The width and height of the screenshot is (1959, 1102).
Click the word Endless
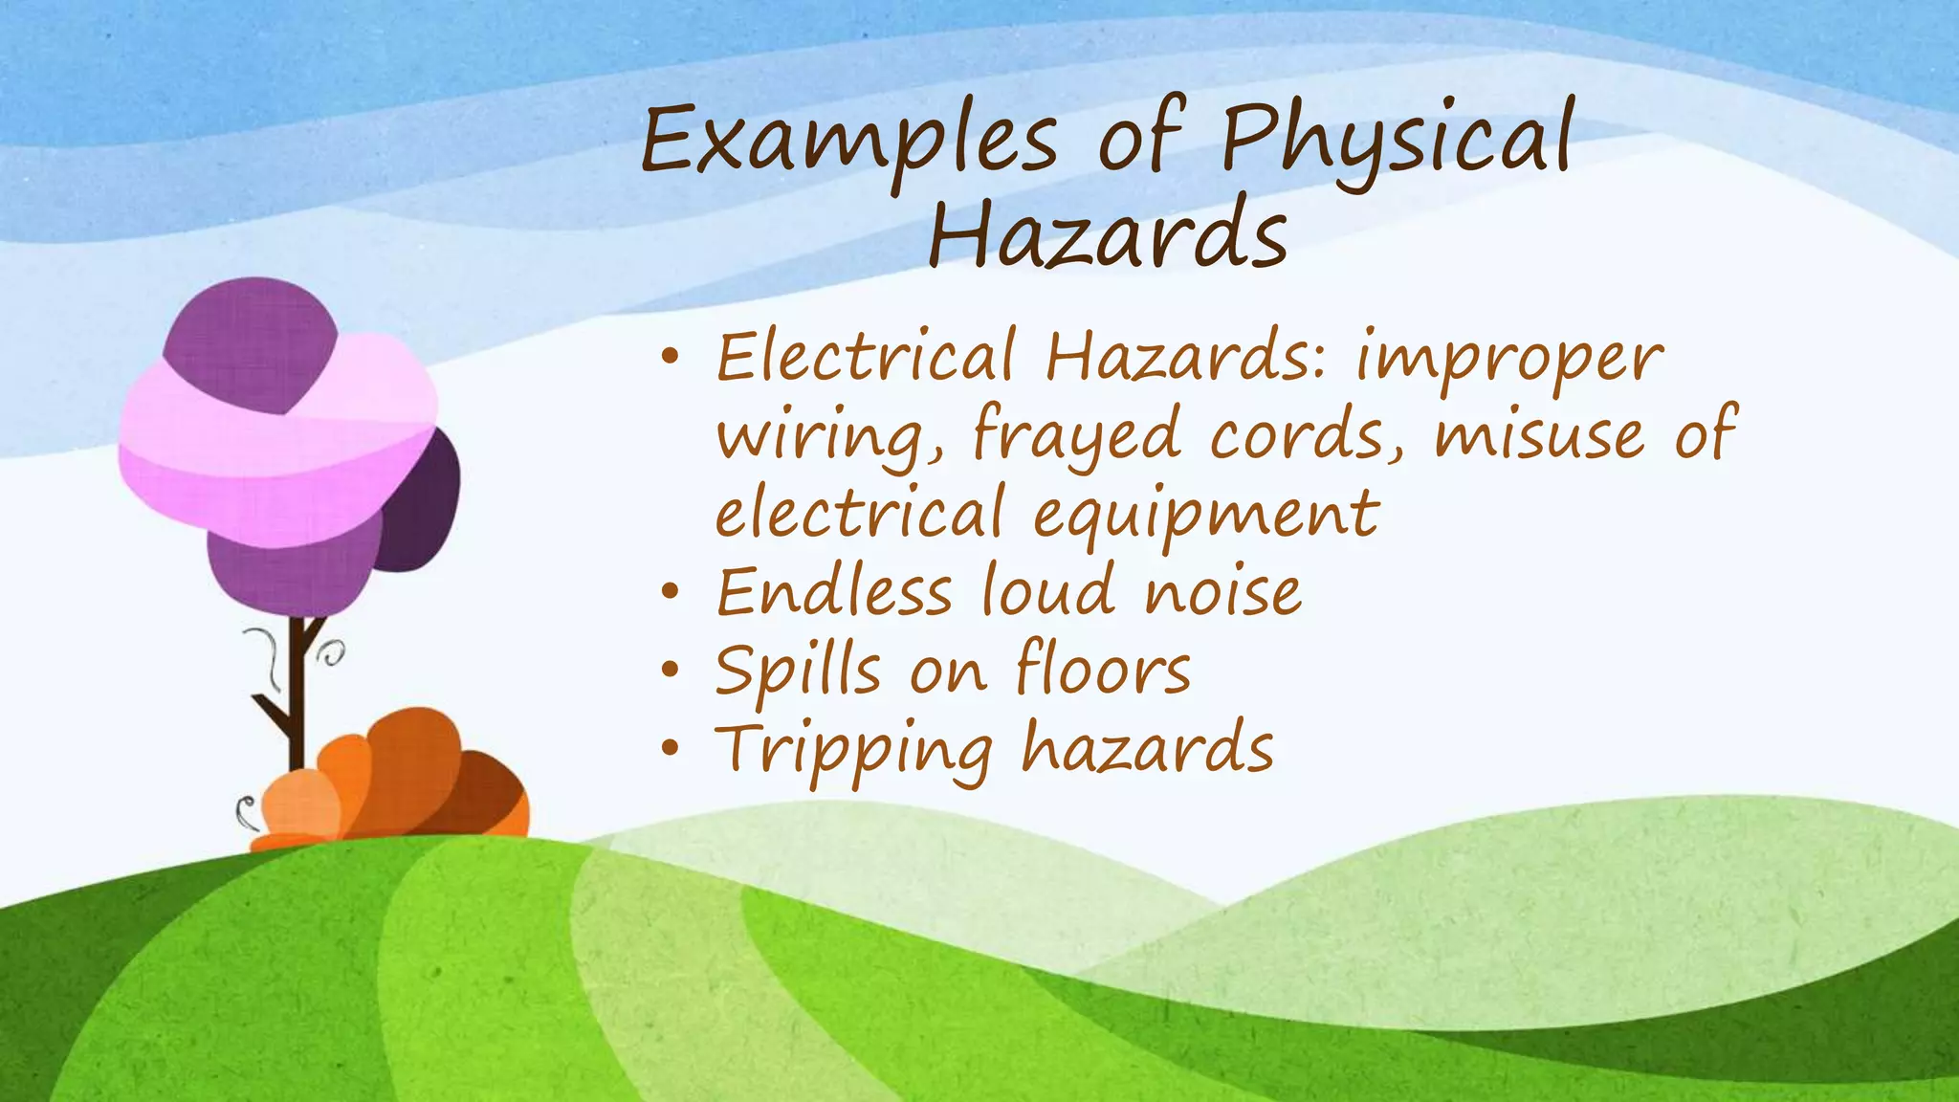click(x=834, y=593)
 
